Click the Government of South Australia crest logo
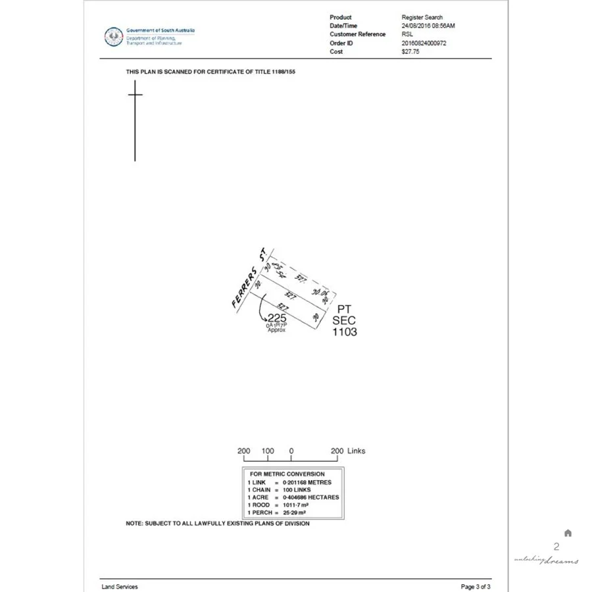pos(115,36)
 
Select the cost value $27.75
pos(410,51)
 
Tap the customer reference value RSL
pos(407,34)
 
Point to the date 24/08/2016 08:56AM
pos(428,26)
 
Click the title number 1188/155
pos(282,71)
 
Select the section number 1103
pos(345,332)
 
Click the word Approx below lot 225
pos(276,330)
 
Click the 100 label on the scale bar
pos(268,451)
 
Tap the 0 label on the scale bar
pos(291,451)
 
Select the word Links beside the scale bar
pos(356,451)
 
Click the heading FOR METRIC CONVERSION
pos(287,474)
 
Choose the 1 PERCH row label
pos(259,512)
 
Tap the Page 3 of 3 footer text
pos(476,587)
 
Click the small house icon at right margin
pos(568,533)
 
